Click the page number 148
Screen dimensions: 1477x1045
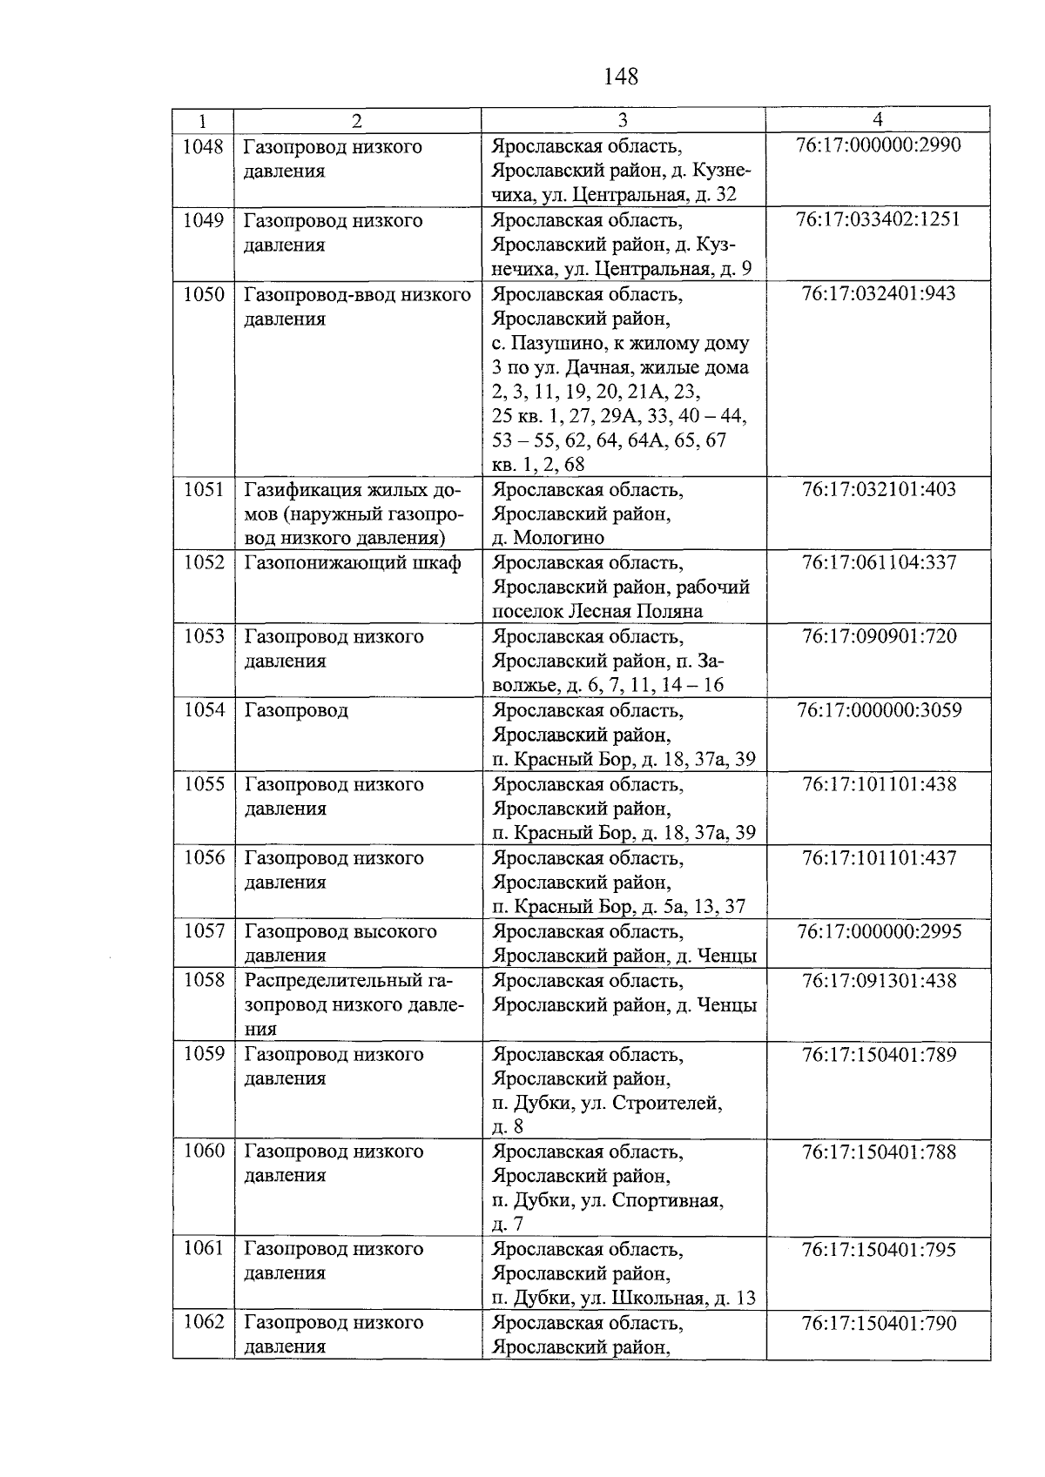[621, 77]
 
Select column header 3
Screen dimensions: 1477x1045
[622, 120]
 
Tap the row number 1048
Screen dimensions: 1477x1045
[203, 146]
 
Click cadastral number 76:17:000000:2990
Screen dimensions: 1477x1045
[878, 144]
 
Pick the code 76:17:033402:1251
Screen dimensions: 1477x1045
[878, 218]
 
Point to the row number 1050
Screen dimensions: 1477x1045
[203, 294]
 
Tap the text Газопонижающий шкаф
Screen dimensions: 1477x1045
[352, 562]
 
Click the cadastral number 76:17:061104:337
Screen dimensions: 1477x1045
[879, 562]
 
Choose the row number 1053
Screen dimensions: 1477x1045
[203, 636]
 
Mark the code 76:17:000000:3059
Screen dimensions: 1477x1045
[879, 710]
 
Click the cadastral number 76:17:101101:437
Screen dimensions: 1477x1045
[879, 858]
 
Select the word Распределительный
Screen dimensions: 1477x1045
[336, 981]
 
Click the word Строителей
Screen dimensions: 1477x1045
[668, 1104]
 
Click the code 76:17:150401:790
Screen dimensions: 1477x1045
[879, 1324]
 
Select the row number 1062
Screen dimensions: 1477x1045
[203, 1322]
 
